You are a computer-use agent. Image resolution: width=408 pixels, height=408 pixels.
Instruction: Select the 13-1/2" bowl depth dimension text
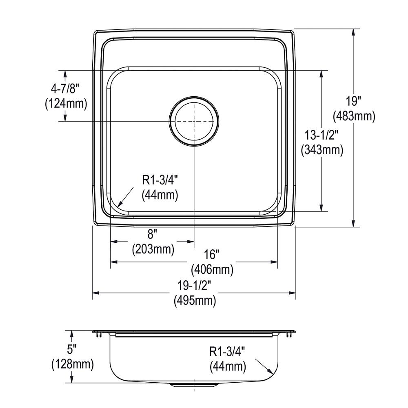pos(322,135)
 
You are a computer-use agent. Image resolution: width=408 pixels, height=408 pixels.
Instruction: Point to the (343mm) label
pos(322,150)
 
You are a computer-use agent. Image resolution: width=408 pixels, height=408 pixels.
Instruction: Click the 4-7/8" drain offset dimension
pos(64,89)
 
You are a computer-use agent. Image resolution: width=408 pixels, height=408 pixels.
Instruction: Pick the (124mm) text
pos(66,104)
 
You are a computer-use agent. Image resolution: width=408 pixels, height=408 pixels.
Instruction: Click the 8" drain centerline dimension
pos(151,235)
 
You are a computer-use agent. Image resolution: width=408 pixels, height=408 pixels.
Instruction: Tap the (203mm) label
pos(153,250)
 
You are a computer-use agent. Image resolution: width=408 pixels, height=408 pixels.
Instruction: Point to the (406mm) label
pos(212,270)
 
